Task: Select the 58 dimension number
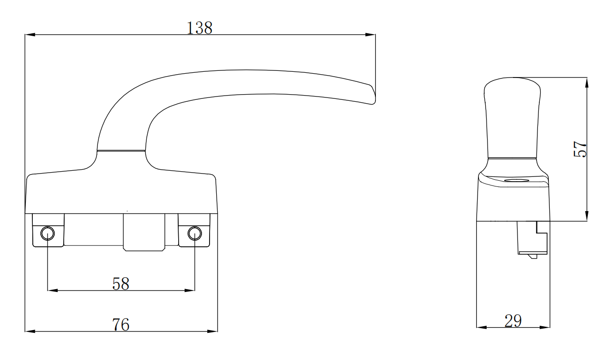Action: coord(121,284)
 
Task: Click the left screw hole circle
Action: coord(48,233)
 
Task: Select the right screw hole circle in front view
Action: coord(194,233)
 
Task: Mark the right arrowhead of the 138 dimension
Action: coord(370,35)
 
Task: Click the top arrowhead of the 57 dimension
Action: coord(587,82)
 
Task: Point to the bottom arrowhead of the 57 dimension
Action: coord(587,217)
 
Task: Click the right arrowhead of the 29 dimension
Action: coord(546,327)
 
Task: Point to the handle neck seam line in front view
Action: coord(121,151)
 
